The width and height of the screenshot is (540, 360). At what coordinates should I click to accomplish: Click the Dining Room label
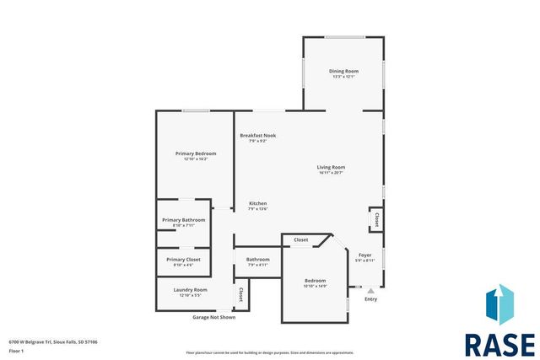click(x=343, y=71)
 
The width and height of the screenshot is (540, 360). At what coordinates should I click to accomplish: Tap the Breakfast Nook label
click(x=257, y=136)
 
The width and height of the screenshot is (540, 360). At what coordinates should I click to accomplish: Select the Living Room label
click(x=331, y=167)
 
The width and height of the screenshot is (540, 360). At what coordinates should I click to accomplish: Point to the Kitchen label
click(x=257, y=204)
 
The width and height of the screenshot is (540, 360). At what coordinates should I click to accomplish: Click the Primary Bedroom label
click(x=196, y=153)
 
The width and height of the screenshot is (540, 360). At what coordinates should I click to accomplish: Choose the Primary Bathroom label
click(x=183, y=220)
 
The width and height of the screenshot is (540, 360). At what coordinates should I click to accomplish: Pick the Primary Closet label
click(x=183, y=260)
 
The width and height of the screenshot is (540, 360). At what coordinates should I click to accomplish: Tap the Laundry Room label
click(x=190, y=290)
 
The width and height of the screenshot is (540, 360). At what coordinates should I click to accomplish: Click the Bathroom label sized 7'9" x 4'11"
click(x=257, y=259)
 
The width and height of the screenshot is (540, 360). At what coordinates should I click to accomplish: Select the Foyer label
click(x=364, y=255)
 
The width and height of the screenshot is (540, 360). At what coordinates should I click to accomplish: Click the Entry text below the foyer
click(x=370, y=299)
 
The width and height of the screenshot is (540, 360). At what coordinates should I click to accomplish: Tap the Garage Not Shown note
click(x=214, y=317)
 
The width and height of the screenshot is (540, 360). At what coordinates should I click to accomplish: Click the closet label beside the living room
click(x=375, y=220)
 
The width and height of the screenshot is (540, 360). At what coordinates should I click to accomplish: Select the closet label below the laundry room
click(x=241, y=295)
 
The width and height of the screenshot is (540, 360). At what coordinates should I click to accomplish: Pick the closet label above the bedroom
click(x=300, y=240)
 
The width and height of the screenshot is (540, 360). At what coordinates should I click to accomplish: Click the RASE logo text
click(x=499, y=344)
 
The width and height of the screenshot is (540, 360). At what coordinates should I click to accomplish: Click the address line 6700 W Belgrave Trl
click(x=52, y=341)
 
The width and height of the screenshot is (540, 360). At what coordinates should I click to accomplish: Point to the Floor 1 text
click(x=16, y=350)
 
